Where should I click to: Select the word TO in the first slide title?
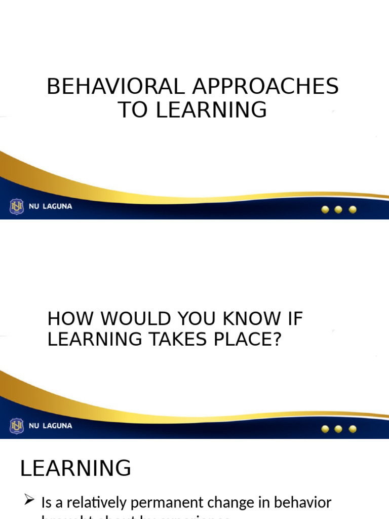[x=134, y=110]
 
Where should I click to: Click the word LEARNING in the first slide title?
[x=211, y=110]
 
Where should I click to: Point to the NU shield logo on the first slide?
[x=17, y=207]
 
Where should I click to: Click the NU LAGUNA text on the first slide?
[x=50, y=207]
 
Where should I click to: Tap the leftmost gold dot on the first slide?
[x=326, y=209]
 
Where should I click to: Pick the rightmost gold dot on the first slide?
[x=353, y=209]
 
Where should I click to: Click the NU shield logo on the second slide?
[x=17, y=426]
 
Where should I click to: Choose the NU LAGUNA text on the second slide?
[x=50, y=426]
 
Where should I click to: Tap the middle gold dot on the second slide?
[x=339, y=429]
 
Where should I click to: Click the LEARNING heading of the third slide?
[x=75, y=468]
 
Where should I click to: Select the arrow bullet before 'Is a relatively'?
[x=29, y=501]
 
